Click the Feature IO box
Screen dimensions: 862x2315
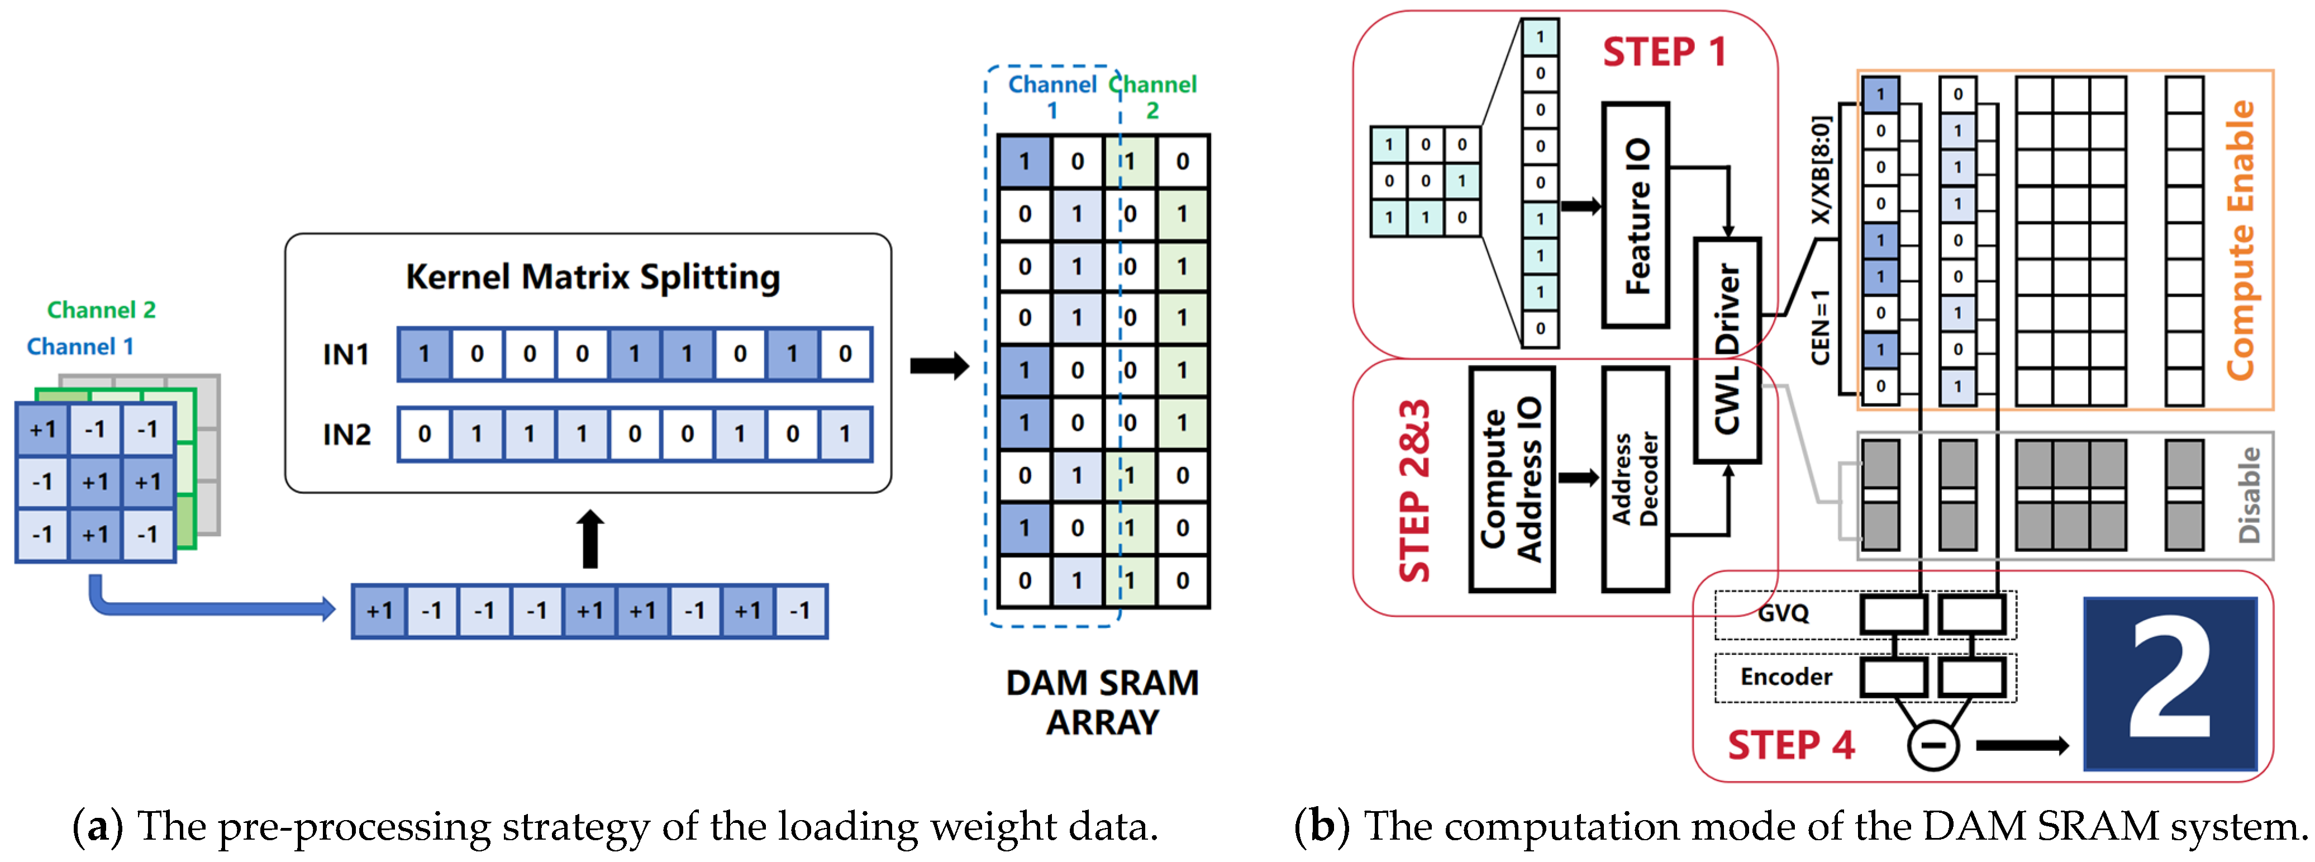(1636, 216)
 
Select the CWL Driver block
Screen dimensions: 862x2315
(1726, 350)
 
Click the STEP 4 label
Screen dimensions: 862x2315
(1790, 745)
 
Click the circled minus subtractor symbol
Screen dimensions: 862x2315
(1932, 745)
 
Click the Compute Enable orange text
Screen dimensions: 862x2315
(2240, 240)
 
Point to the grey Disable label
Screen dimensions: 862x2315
(2249, 496)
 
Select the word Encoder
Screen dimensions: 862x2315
(1785, 677)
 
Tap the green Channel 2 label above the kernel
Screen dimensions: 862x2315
(102, 310)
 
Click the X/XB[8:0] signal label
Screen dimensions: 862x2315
(1820, 171)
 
